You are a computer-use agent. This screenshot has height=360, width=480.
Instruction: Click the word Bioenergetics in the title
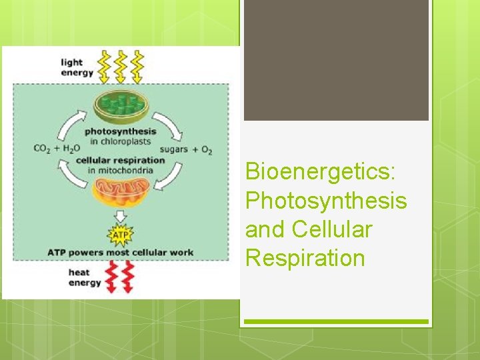coord(321,171)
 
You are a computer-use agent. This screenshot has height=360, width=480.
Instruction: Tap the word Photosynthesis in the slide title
coord(326,200)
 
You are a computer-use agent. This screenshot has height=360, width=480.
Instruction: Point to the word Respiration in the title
coord(305,257)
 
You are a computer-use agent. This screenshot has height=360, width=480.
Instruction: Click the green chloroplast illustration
coord(121,106)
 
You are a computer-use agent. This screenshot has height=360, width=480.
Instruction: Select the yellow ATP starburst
coord(121,235)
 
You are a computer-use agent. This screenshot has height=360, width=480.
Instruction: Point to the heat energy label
coord(85,277)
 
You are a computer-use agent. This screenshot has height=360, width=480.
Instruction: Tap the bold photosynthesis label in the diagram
coord(120,132)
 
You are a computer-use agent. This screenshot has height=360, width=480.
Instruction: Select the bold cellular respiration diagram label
coord(120,160)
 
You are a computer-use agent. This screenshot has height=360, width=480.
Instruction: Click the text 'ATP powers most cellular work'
coord(121,253)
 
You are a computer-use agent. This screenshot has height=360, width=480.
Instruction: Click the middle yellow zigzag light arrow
coord(121,65)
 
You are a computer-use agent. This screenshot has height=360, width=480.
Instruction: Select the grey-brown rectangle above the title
coord(336,60)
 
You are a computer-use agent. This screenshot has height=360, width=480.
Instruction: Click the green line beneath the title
coord(336,322)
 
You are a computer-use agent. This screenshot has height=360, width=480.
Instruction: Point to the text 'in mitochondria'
coord(120,170)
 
